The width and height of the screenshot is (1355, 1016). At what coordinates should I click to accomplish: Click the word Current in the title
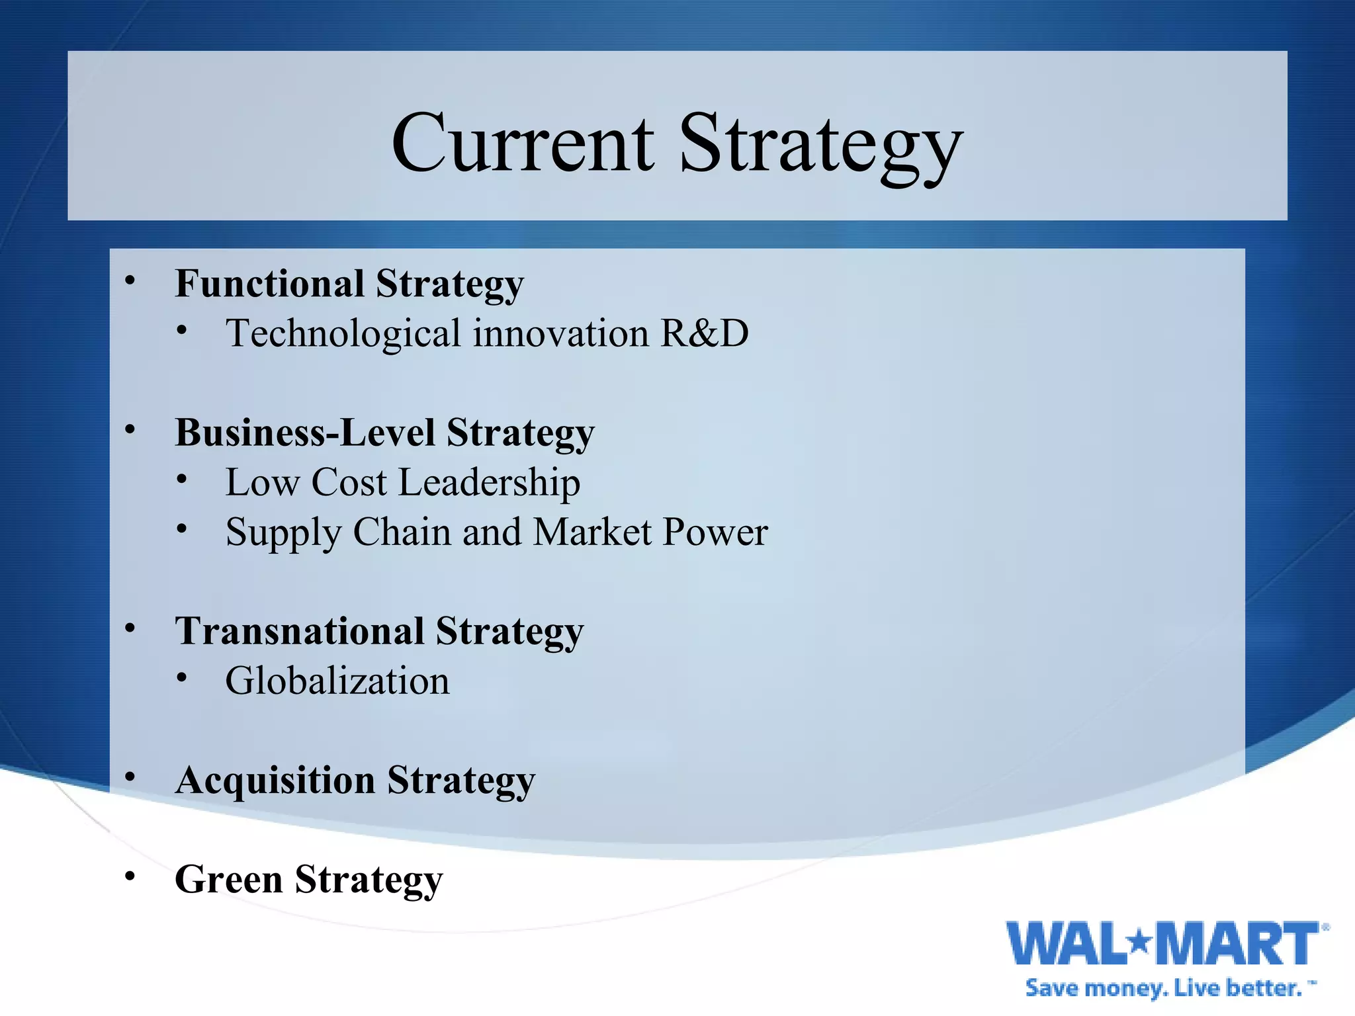(523, 144)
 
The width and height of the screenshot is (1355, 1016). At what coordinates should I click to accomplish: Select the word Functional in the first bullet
(269, 284)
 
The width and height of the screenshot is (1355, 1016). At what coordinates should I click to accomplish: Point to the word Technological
(343, 334)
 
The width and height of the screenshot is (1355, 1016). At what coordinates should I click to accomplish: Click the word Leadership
(490, 482)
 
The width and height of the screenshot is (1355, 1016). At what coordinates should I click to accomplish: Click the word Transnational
(299, 631)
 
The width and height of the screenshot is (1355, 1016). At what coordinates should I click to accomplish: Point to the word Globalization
(337, 681)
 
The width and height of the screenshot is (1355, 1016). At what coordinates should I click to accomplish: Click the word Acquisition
(275, 781)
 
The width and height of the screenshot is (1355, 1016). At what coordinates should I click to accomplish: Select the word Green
(228, 880)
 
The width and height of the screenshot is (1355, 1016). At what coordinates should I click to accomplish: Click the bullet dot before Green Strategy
(130, 876)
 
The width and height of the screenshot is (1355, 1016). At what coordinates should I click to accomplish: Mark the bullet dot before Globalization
(182, 677)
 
